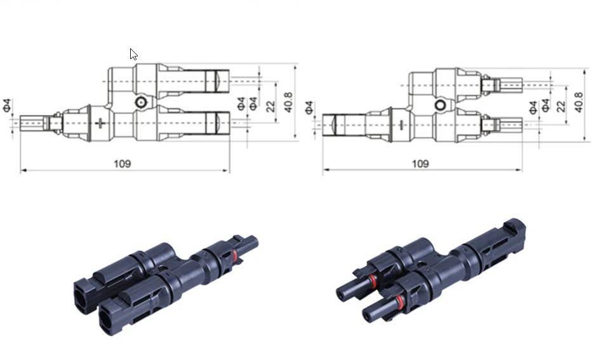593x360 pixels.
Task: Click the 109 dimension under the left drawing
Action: [x=123, y=164]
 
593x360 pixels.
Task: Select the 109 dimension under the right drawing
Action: [x=420, y=164]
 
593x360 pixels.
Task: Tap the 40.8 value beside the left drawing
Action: [x=289, y=102]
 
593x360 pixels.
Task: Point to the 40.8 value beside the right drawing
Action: [x=578, y=102]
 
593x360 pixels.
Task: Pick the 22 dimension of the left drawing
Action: [x=271, y=106]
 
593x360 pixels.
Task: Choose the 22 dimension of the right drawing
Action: [x=561, y=106]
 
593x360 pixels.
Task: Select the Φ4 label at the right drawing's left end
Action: [x=310, y=107]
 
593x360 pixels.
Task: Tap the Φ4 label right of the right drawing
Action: [x=533, y=107]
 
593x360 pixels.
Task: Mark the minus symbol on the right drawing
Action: [x=401, y=123]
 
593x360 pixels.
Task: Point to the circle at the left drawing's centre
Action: [x=140, y=103]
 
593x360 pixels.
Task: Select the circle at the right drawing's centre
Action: [x=439, y=105]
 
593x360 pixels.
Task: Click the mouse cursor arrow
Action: [x=133, y=54]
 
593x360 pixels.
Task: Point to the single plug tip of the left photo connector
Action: [x=252, y=241]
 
